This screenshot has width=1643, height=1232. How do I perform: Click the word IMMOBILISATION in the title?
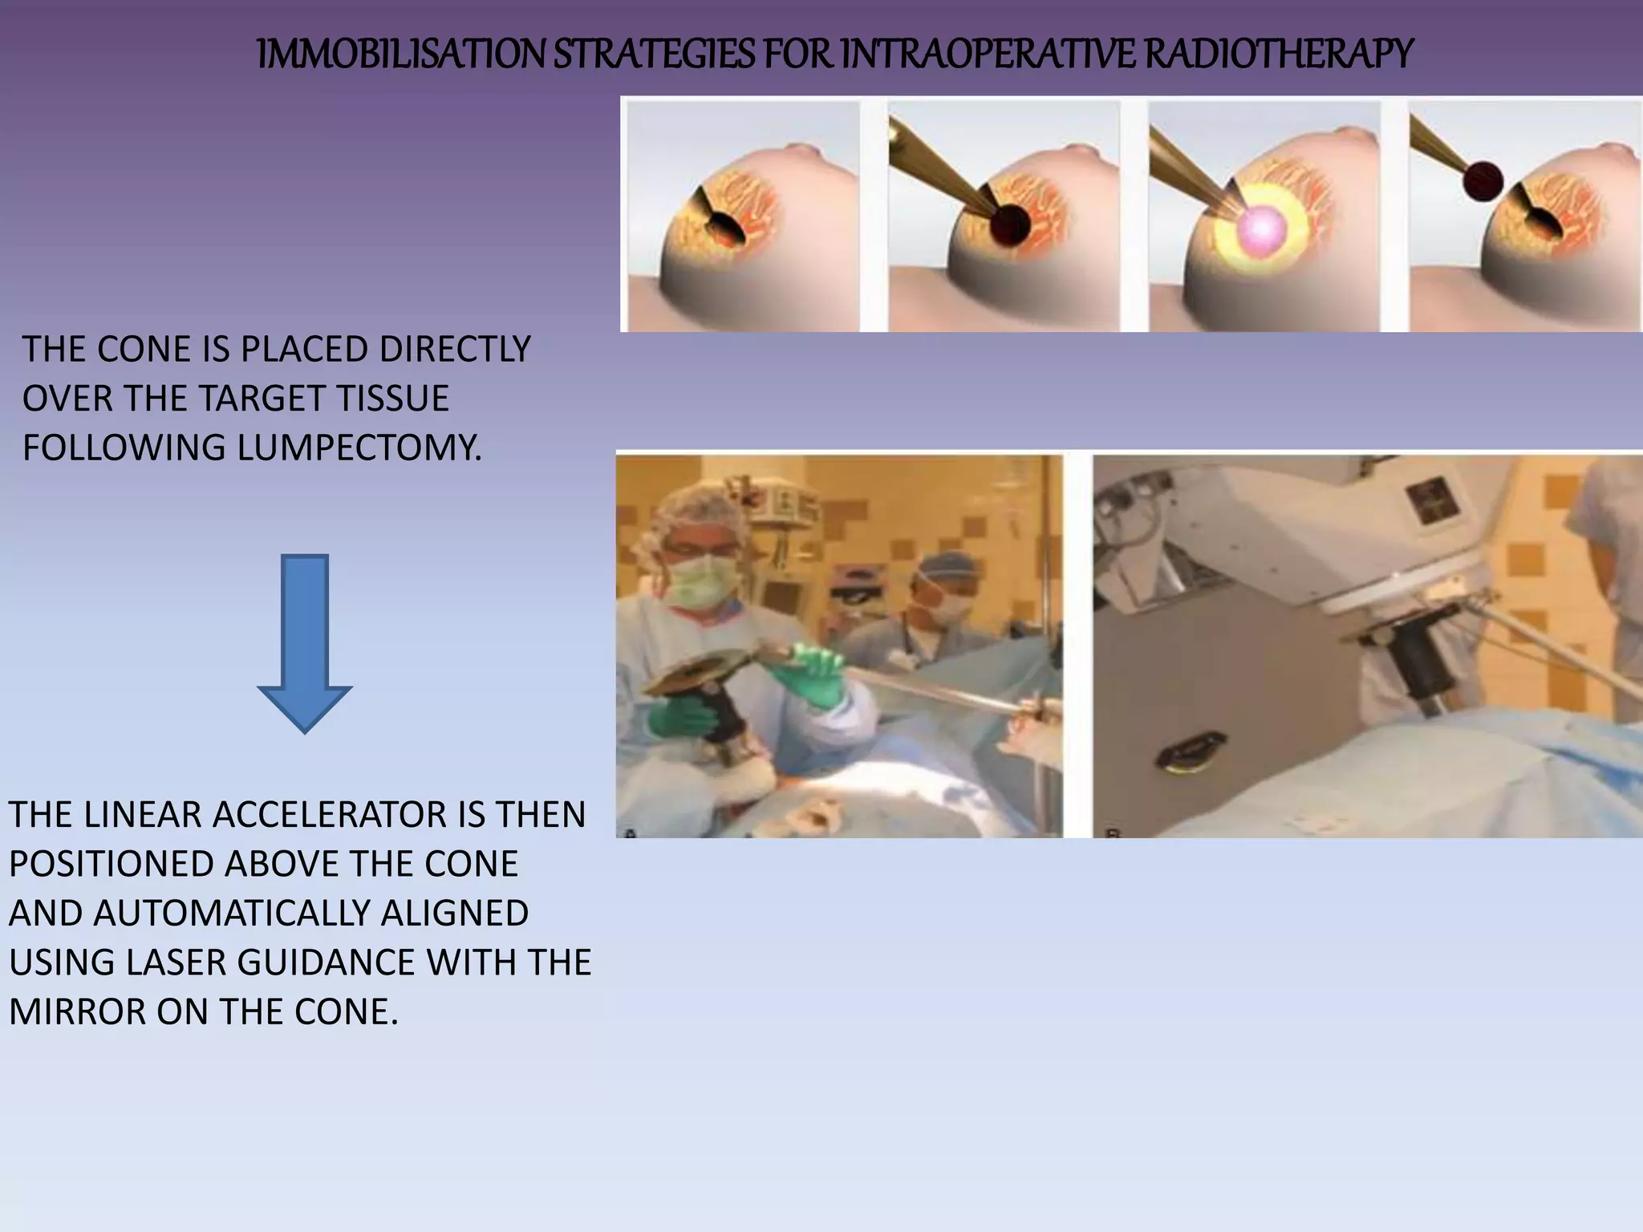(401, 55)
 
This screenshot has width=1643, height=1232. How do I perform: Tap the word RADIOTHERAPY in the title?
(1277, 55)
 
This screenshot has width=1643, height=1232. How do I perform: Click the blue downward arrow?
(305, 642)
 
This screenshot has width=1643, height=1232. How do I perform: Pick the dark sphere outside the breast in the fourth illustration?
(1482, 181)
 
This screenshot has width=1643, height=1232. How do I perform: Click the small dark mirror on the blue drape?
(1191, 754)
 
